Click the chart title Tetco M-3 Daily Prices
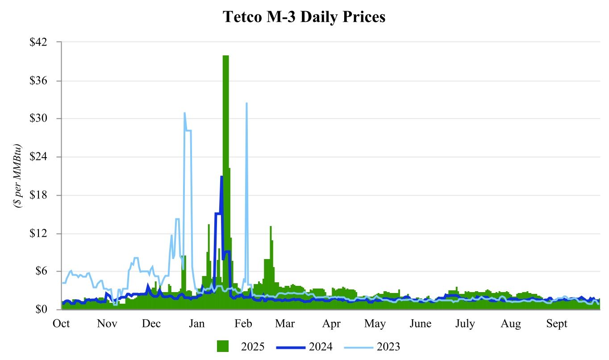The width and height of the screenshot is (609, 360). point(304,17)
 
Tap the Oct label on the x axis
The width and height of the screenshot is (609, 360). point(62,324)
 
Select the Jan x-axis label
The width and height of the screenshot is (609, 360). point(197,324)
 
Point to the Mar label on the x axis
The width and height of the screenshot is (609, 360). point(285,324)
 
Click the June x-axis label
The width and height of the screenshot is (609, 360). point(420,324)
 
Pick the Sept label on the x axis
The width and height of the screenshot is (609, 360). point(556,324)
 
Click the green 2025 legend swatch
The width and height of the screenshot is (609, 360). point(223,346)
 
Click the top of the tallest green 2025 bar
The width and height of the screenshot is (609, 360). point(225,56)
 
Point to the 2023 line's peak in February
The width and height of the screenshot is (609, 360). point(246,103)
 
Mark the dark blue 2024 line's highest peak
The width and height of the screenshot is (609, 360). point(221,176)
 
